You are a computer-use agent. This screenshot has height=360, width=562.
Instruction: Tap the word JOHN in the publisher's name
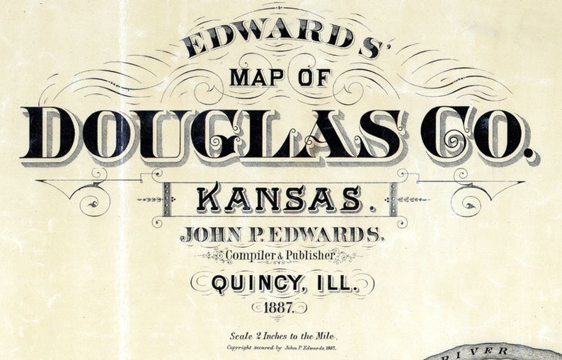[210, 235]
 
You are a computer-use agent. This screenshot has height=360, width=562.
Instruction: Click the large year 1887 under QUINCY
[281, 308]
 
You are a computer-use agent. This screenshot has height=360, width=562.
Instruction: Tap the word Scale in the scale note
[243, 336]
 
